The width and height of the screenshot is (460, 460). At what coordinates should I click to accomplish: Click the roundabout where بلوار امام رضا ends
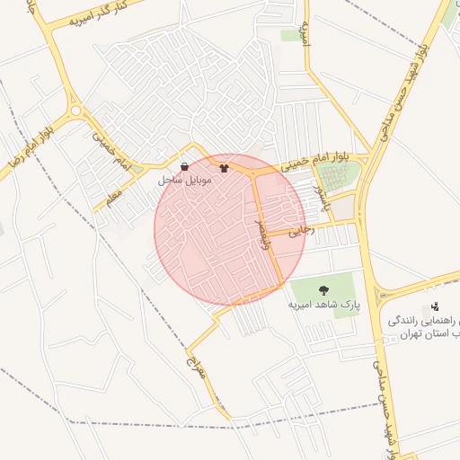pyautogui.click(x=75, y=111)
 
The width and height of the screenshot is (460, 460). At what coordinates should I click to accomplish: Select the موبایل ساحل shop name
pyautogui.click(x=184, y=181)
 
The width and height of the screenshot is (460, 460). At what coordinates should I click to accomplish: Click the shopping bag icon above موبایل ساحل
pyautogui.click(x=184, y=166)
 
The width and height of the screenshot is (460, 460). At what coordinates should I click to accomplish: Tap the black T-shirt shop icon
pyautogui.click(x=224, y=166)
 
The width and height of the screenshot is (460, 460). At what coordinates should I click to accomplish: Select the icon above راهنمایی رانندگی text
pyautogui.click(x=436, y=306)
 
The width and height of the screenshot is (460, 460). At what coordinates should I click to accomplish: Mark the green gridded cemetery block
pyautogui.click(x=339, y=176)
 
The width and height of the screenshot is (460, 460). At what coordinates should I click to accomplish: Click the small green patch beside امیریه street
pyautogui.click(x=289, y=36)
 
